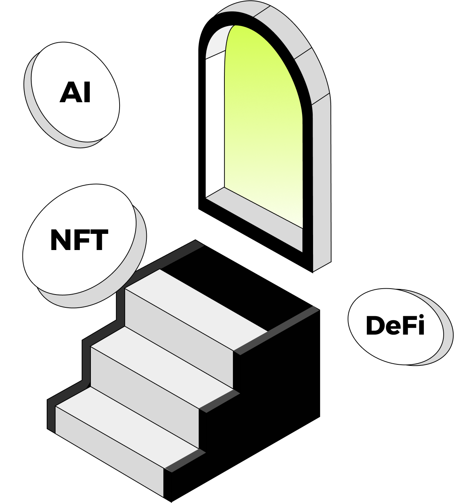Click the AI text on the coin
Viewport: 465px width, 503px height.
75,93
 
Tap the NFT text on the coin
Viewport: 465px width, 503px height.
79,240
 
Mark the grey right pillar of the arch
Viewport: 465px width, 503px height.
322,184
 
